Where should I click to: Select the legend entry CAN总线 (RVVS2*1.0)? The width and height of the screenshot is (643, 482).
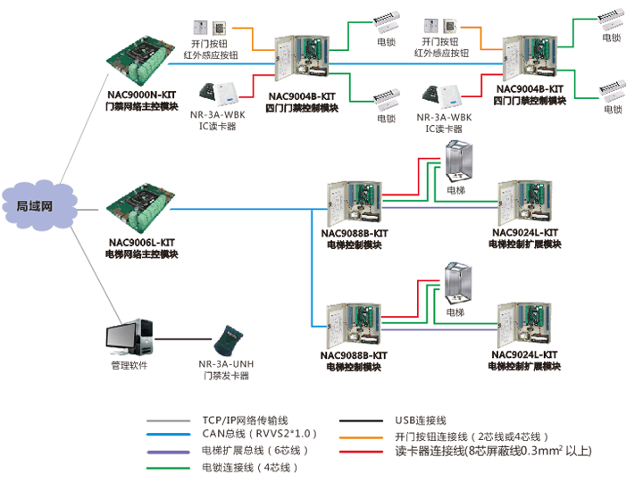260,434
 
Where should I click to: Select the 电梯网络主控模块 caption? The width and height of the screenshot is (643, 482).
141,254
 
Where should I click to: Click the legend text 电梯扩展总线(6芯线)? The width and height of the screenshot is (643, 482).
249,451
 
